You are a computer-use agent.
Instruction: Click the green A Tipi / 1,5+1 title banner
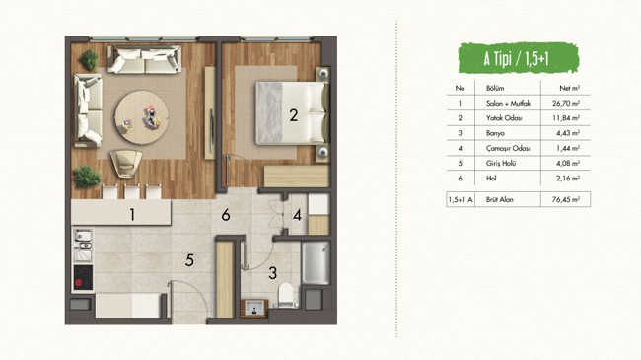[x=519, y=58]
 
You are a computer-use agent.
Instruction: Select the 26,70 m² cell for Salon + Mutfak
[x=566, y=104]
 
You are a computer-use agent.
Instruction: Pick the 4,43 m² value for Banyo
[x=568, y=133]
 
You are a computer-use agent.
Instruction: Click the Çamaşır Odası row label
[x=508, y=148]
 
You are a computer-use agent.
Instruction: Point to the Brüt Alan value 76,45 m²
[x=566, y=199]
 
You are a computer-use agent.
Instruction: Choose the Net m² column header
[x=569, y=88]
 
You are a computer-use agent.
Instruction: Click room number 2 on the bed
[x=294, y=115]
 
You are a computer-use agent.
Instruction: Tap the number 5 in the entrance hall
[x=189, y=260]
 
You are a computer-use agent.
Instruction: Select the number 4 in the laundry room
[x=297, y=215]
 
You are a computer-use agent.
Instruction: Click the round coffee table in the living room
[x=142, y=117]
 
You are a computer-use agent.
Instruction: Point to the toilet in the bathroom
[x=286, y=295]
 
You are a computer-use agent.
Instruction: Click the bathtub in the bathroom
[x=316, y=262]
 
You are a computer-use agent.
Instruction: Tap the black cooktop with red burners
[x=83, y=278]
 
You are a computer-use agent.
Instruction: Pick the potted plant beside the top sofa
[x=89, y=60]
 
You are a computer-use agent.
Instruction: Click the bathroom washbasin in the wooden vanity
[x=254, y=308]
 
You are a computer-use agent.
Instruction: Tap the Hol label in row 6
[x=491, y=178]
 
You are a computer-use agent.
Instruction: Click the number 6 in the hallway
[x=226, y=215]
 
